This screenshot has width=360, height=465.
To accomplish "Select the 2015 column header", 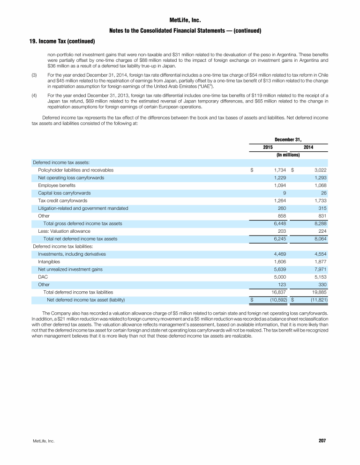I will tap(268, 148).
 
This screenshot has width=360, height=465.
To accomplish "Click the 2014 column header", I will tap(308, 148).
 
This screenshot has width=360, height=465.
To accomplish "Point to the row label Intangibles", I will tap(49, 261).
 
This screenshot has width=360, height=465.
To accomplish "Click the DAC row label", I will tap(42, 277).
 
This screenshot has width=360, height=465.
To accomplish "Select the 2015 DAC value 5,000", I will tap(279, 277).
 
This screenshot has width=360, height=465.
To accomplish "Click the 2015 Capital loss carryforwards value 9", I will tap(285, 193).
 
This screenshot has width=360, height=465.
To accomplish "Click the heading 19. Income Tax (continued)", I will tap(60, 41).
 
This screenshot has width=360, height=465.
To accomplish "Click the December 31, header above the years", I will tap(288, 139).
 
